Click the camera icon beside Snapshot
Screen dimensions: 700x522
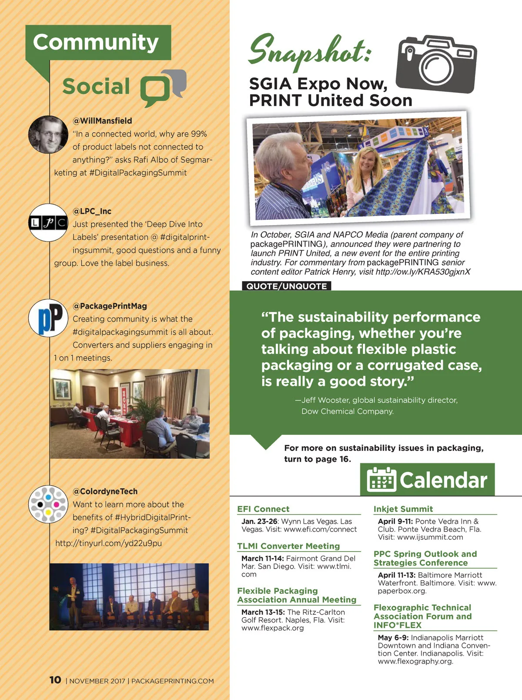pyautogui.click(x=436, y=64)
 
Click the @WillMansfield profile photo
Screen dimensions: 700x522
pyautogui.click(x=48, y=135)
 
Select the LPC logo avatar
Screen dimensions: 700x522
pyautogui.click(x=48, y=223)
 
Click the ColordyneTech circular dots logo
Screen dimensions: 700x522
pyautogui.click(x=48, y=504)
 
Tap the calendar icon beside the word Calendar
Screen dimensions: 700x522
pyautogui.click(x=381, y=480)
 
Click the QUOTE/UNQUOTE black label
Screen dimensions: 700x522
pyautogui.click(x=286, y=286)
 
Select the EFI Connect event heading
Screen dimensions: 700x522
pyautogui.click(x=263, y=509)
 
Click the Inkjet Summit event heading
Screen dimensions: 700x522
pyautogui.click(x=403, y=509)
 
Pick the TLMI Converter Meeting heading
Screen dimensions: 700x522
pyautogui.click(x=288, y=546)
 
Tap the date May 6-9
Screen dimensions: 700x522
pyautogui.click(x=393, y=637)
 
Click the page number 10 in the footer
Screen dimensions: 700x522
pyautogui.click(x=55, y=680)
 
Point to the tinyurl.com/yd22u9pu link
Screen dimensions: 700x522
pyautogui.click(x=108, y=543)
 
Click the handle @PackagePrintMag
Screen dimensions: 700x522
pyautogui.click(x=110, y=306)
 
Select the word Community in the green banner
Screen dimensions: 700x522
pyautogui.click(x=96, y=42)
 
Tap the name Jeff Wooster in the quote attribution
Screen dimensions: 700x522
pyautogui.click(x=325, y=400)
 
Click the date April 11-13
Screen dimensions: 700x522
pyautogui.click(x=396, y=575)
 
